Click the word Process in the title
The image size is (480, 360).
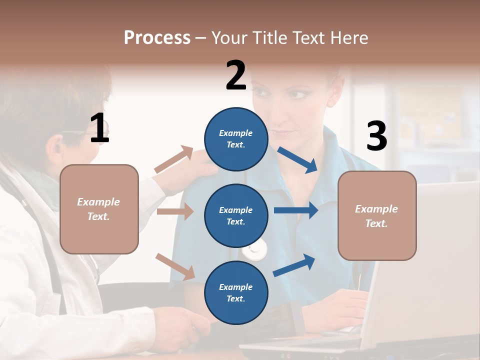[157, 38]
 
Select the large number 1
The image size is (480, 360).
[99, 128]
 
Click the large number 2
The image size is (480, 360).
[236, 75]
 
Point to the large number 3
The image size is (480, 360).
[376, 136]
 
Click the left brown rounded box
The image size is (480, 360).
[99, 209]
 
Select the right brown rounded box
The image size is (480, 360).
[377, 216]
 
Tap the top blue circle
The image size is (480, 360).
[236, 139]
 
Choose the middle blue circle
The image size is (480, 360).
[236, 215]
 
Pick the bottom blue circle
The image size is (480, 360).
[236, 292]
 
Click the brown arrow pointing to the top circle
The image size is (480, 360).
[173, 159]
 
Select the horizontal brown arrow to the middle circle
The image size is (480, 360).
[174, 211]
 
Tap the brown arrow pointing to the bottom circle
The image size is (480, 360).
[175, 266]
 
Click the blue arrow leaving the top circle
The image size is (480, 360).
[297, 159]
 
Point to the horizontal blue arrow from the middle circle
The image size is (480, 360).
[295, 210]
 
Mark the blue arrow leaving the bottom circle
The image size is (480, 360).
[294, 265]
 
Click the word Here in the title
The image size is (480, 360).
[351, 38]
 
